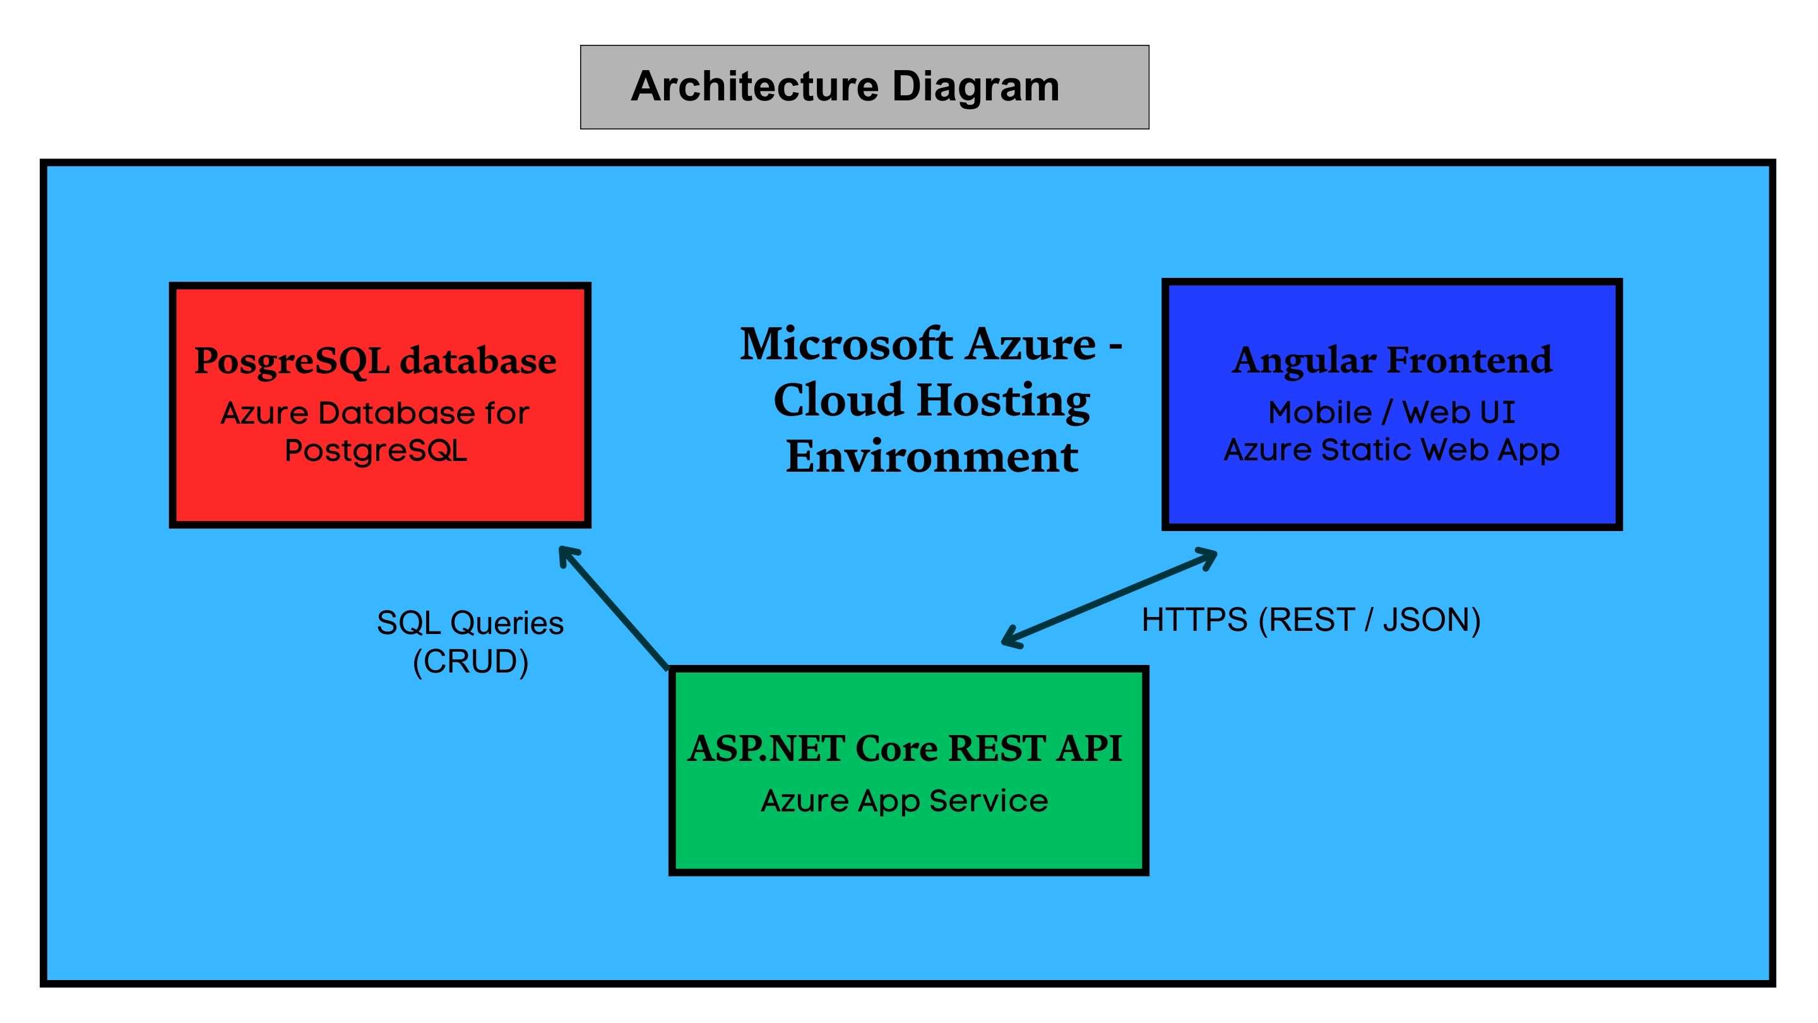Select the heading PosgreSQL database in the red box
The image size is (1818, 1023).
point(375,361)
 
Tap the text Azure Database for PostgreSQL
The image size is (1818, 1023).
point(375,431)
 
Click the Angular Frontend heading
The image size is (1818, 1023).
point(1392,360)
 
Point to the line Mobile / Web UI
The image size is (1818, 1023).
point(1391,412)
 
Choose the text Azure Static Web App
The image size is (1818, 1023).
point(1391,450)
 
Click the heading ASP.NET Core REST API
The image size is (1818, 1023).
point(905,748)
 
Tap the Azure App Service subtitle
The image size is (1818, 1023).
point(904,801)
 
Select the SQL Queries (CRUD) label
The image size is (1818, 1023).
point(470,642)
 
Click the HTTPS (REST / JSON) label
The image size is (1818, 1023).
point(1310,620)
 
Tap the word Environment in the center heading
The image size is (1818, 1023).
point(932,456)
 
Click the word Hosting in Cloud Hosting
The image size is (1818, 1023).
point(1003,400)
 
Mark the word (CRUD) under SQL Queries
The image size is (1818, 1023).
point(470,662)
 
